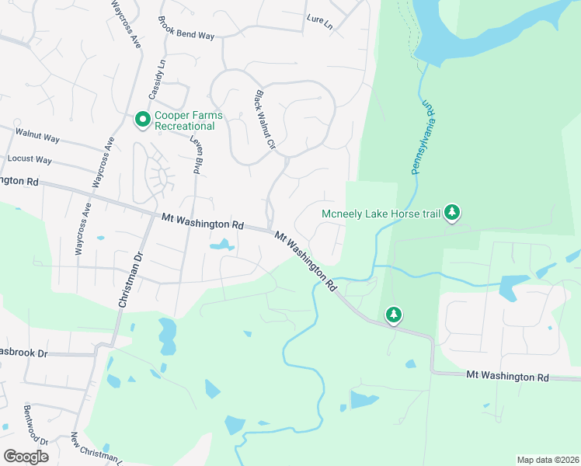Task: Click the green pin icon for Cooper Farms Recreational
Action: click(142, 120)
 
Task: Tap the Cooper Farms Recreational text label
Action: click(188, 120)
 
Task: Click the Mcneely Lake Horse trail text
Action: click(381, 213)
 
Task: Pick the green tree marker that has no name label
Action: click(395, 315)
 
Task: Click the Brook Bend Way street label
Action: click(186, 29)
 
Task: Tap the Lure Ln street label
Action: click(319, 23)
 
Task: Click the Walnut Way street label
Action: click(37, 136)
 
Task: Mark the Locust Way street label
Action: click(30, 159)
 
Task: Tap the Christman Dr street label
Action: click(131, 279)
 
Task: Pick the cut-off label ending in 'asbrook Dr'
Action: click(24, 353)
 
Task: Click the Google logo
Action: click(26, 456)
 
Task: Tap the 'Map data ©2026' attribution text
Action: click(547, 459)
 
